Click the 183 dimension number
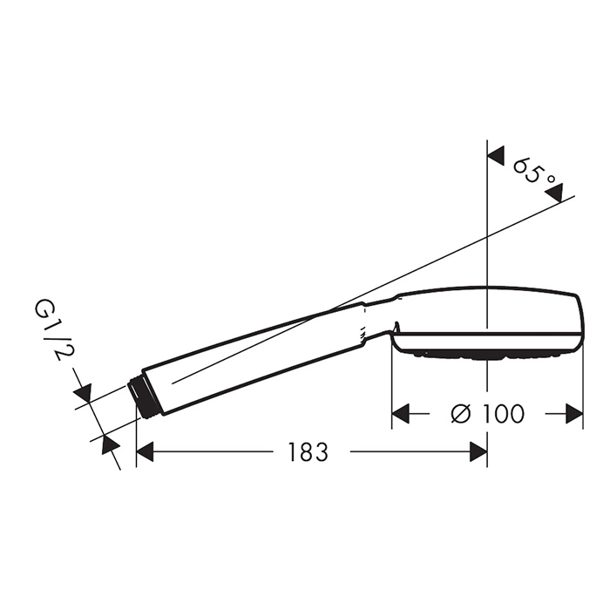[x=308, y=451]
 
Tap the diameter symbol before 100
[x=461, y=414]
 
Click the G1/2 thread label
[x=54, y=331]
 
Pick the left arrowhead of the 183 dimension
[x=145, y=451]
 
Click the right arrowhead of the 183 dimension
[x=478, y=451]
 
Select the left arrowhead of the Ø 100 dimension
[x=401, y=414]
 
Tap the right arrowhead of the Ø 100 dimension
[x=574, y=414]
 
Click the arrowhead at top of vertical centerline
[x=497, y=156]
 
